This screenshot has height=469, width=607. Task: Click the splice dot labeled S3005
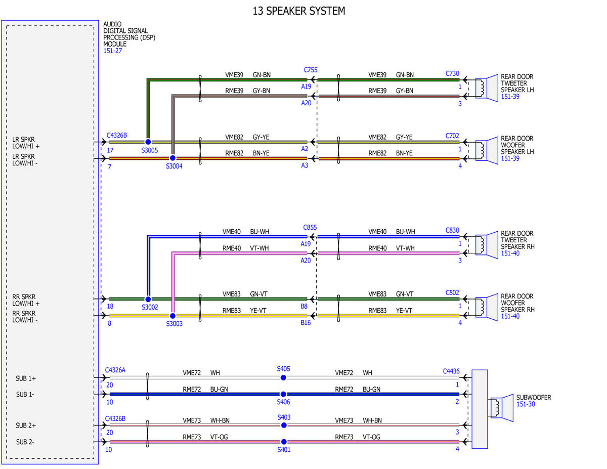click(148, 142)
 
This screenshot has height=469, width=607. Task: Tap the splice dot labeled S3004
click(172, 158)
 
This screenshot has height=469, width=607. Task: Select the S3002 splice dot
click(148, 299)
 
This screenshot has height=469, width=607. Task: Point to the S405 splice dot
click(283, 377)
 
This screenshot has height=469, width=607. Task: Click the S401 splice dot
click(284, 442)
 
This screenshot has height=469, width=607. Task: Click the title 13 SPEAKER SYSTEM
click(299, 11)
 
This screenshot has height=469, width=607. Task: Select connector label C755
click(311, 70)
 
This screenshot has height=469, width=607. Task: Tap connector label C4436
click(451, 371)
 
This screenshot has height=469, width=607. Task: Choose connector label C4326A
click(115, 370)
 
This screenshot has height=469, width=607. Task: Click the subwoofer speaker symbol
click(502, 408)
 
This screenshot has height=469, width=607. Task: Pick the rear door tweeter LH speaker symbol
click(487, 88)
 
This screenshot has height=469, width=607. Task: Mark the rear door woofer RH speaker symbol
click(487, 307)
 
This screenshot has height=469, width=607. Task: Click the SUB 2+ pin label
click(26, 425)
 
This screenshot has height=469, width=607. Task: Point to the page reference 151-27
click(113, 51)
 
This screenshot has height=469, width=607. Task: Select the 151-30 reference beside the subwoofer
click(526, 404)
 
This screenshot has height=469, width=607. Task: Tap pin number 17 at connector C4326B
click(110, 150)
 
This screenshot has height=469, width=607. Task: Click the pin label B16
click(306, 323)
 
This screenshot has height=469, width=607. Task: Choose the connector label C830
click(452, 230)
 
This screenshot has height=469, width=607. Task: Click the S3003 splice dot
click(172, 316)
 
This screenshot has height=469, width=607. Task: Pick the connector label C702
click(452, 136)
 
